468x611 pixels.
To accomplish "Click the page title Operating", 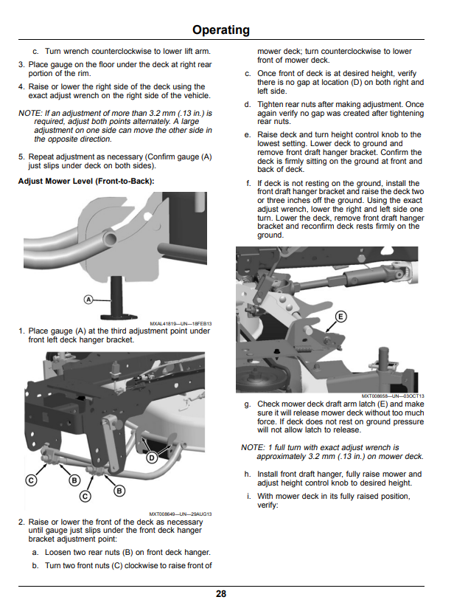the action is (221, 30).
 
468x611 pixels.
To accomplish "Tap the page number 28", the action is (221, 594).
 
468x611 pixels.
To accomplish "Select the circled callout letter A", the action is (88, 300).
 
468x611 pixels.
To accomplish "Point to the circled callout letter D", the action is (152, 458).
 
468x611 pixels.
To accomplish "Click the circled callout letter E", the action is (340, 316).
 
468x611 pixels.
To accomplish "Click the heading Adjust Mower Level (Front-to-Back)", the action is (86, 182).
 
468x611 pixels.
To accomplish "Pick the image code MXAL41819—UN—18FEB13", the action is (181, 324).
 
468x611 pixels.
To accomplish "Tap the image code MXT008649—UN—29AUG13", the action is (181, 514).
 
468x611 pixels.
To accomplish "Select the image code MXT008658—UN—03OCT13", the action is (393, 396).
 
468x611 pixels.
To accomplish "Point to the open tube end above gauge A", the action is (111, 238).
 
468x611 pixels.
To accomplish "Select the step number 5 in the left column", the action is (21, 157).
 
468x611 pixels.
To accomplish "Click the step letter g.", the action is (248, 404).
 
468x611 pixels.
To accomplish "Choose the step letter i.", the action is (248, 497).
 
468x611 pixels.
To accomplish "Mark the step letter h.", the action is (248, 474).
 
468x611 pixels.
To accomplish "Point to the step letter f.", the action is (248, 183).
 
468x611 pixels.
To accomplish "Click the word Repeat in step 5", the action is (41, 157).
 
